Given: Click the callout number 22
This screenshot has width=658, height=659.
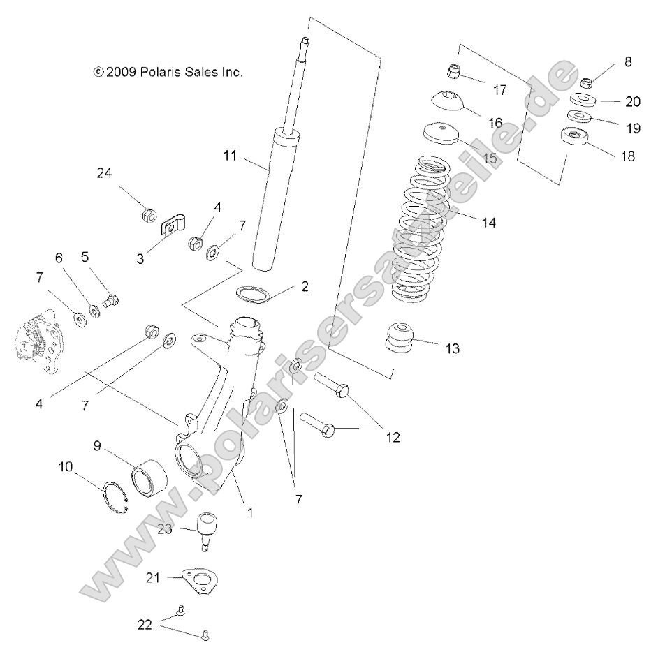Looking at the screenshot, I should pos(145,625).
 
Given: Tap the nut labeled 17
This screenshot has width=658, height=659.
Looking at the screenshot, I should pos(453,71).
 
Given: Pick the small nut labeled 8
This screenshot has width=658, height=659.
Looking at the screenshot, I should pos(587,82).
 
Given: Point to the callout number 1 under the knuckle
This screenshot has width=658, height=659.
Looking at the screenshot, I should pos(249,511).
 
